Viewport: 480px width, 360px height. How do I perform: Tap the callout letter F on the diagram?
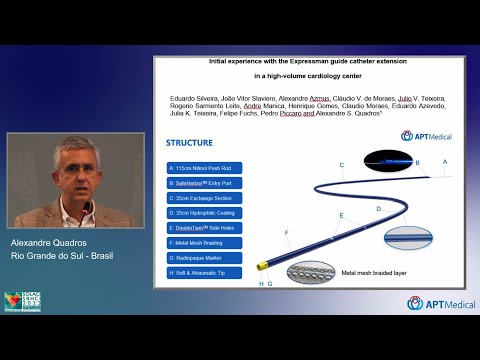[286, 233]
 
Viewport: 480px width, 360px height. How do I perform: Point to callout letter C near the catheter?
[341, 165]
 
